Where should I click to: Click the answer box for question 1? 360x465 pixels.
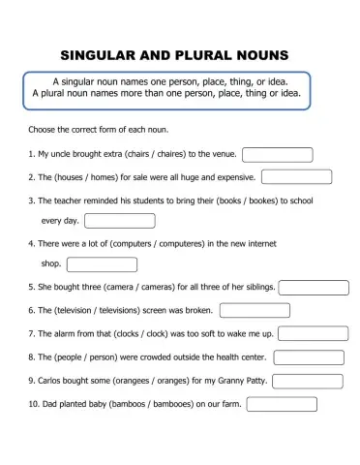[x=277, y=155]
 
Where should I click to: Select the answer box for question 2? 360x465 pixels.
[x=296, y=177]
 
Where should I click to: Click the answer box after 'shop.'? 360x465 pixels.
[x=102, y=264]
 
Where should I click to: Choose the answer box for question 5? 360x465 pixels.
[x=313, y=287]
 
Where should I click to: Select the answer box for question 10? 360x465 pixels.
[x=282, y=404]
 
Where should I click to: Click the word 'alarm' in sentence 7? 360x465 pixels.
[x=64, y=334]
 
